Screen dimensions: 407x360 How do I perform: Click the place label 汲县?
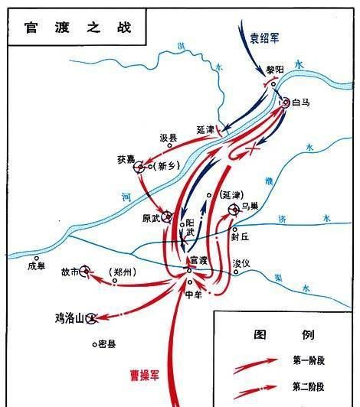coord(169,138)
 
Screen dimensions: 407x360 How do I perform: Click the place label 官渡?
coord(198,260)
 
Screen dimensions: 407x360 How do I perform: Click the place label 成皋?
coord(37,267)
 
